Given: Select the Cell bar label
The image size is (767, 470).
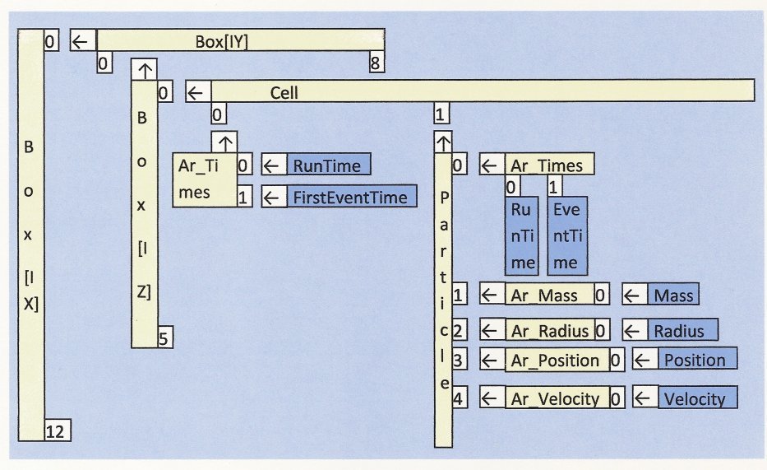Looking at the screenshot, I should tap(284, 91).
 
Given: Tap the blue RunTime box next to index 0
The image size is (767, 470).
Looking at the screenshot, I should tap(327, 165).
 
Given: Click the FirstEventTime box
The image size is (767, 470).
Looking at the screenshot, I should tap(351, 198).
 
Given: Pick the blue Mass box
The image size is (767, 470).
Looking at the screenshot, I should tap(672, 295).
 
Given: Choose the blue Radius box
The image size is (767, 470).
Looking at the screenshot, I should tap(679, 331).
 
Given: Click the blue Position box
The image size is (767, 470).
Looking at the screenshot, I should tap(695, 361).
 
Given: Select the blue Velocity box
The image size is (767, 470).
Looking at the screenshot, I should tap(695, 399).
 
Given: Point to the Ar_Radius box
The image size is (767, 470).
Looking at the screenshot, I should tap(549, 331).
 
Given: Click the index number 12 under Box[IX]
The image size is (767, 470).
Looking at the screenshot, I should tap(56, 429).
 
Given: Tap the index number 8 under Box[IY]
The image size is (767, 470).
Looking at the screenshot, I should tap(376, 63).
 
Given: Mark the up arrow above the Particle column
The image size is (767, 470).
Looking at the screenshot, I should tap(443, 142).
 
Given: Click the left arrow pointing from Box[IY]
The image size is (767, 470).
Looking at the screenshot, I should tap(81, 40).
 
